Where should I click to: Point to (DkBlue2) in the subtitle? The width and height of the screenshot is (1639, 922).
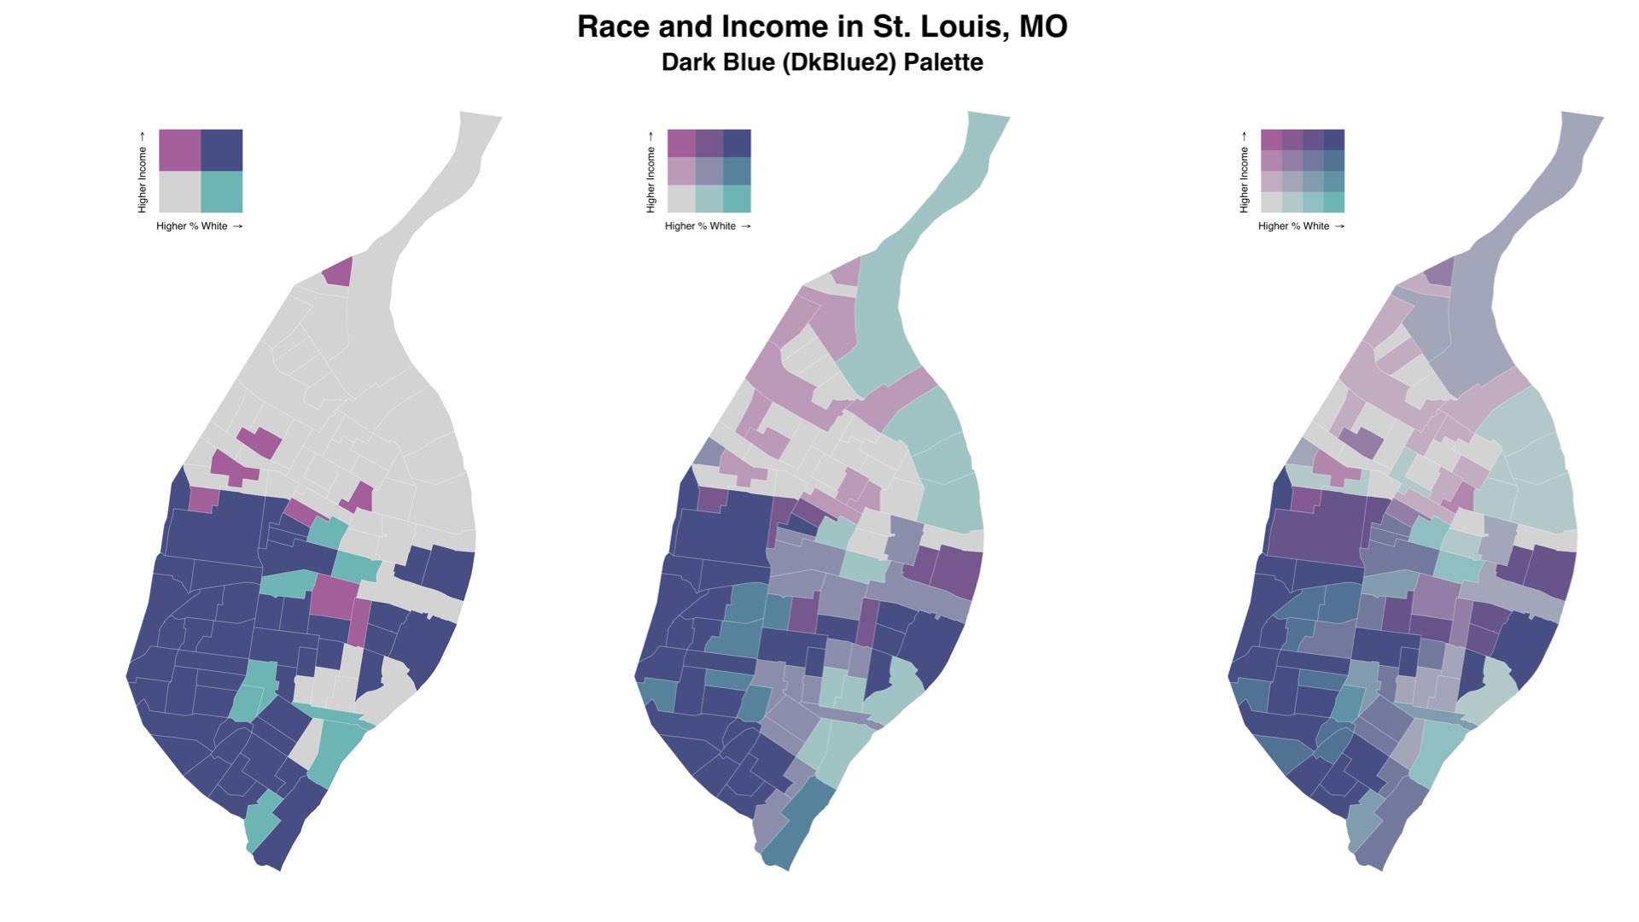pyautogui.click(x=839, y=62)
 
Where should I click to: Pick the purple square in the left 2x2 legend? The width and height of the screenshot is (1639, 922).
pyautogui.click(x=180, y=150)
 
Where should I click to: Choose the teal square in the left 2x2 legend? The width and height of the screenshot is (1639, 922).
pyautogui.click(x=222, y=192)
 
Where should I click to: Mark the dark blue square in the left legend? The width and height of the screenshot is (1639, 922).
pyautogui.click(x=222, y=150)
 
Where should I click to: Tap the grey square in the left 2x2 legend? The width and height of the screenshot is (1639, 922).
pyautogui.click(x=180, y=192)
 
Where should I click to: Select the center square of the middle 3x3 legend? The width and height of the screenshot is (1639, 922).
pyautogui.click(x=709, y=171)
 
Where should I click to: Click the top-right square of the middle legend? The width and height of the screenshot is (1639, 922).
pyautogui.click(x=738, y=143)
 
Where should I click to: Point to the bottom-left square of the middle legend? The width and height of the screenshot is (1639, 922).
pyautogui.click(x=681, y=199)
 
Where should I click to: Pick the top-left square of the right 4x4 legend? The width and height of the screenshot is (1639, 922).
pyautogui.click(x=1271, y=139)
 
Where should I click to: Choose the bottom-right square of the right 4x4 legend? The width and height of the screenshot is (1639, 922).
pyautogui.click(x=1334, y=202)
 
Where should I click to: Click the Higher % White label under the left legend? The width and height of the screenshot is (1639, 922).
pyautogui.click(x=192, y=226)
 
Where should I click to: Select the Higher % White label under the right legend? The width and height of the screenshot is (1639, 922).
pyautogui.click(x=1294, y=226)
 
